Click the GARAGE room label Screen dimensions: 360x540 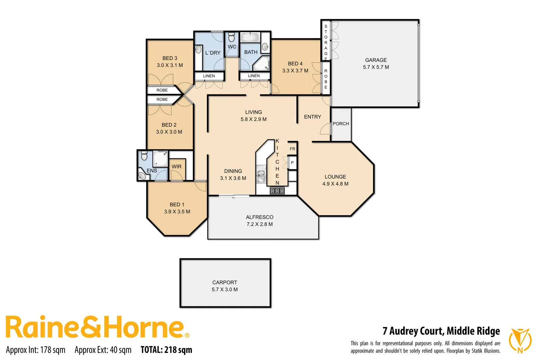coord(376,60)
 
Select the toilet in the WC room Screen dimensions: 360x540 coord(232,37)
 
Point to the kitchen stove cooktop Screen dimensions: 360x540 coord(277,191)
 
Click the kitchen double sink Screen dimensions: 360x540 coord(261,176)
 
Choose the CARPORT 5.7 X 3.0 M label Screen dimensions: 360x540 coord(225,286)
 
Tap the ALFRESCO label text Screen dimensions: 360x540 coord(259,217)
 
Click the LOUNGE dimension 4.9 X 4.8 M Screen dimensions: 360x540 coord(335,184)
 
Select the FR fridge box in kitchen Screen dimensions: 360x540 coord(292,149)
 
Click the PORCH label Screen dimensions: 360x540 coord(341,124)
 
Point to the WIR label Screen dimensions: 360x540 coord(177,167)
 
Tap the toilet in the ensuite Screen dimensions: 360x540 coord(144,155)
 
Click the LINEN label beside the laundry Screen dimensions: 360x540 coord(209,76)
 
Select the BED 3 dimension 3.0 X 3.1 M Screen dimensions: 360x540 coord(170,65)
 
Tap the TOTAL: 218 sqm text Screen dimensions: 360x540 coord(166,350)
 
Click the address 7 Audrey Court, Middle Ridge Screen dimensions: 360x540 coord(441,331)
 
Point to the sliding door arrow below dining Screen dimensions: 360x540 coord(234,198)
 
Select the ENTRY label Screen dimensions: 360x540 coord(312,117)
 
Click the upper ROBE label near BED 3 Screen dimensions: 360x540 coord(162,90)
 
